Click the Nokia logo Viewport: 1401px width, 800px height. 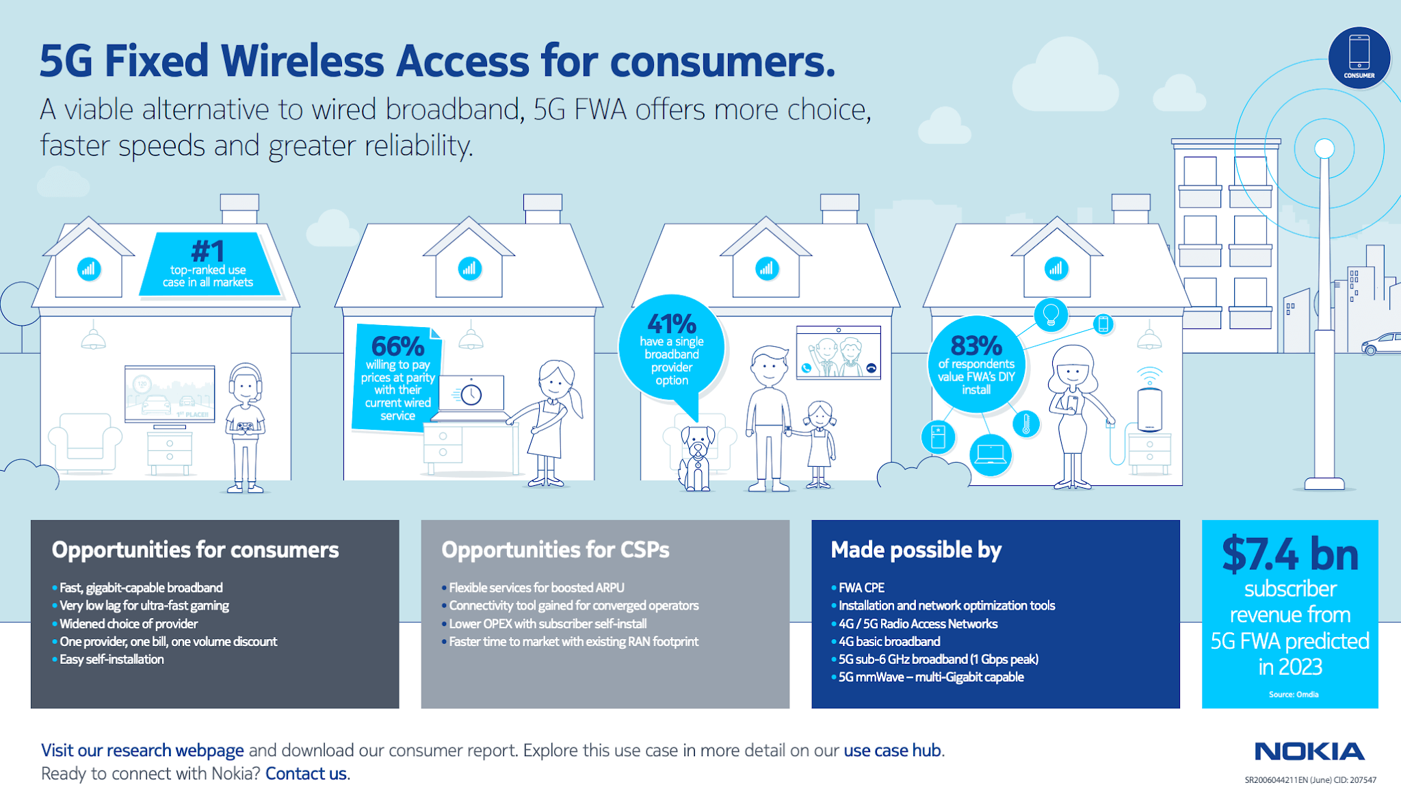coord(1309,751)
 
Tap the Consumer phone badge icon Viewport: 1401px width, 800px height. coord(1359,57)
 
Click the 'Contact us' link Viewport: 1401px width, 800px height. coord(306,774)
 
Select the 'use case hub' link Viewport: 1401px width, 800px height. coord(892,751)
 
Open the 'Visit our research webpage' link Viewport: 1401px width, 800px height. coord(142,751)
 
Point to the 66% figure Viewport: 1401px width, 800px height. coord(397,346)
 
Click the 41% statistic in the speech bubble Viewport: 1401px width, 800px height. coord(671,324)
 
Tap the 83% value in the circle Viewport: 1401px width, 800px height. coord(976,346)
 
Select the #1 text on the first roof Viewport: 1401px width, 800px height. coord(208,251)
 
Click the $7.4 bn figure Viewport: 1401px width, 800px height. coord(1289,554)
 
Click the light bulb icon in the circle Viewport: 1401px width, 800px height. coord(1051,315)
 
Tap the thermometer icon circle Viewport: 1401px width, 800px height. coord(1026,424)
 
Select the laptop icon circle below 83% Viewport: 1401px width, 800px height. coord(990,454)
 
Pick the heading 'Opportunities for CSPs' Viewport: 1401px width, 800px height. coord(555,550)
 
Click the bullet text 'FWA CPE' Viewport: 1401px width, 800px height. coord(861,588)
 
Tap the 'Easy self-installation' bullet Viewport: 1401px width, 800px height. coord(112,660)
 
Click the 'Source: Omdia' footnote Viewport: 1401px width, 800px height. coord(1293,695)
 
